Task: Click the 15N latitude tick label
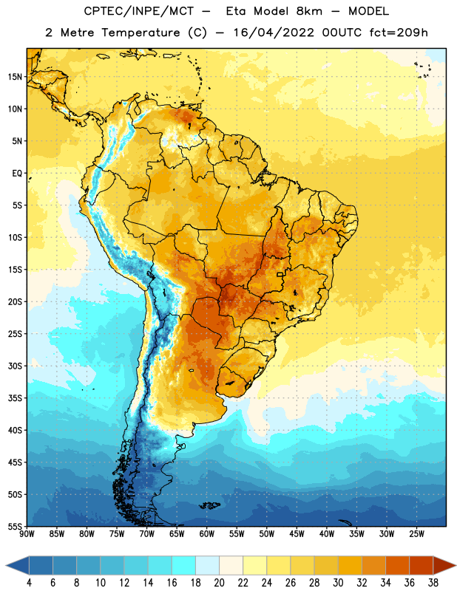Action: pyautogui.click(x=15, y=77)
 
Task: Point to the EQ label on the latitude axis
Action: pyautogui.click(x=17, y=174)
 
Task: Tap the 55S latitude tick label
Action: pyautogui.click(x=15, y=526)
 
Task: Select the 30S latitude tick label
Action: pyautogui.click(x=15, y=366)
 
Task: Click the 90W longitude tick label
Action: pyautogui.click(x=27, y=534)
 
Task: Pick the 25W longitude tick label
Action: pyautogui.click(x=416, y=534)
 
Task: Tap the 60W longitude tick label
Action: pyautogui.click(x=207, y=534)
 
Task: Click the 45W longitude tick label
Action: pyautogui.click(x=297, y=534)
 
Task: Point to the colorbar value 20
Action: pyautogui.click(x=219, y=583)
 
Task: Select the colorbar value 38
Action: pyautogui.click(x=433, y=583)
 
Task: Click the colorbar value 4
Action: pyautogui.click(x=29, y=583)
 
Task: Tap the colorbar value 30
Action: pyautogui.click(x=338, y=583)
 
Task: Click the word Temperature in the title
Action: pyautogui.click(x=141, y=33)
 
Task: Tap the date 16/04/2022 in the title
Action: pyautogui.click(x=274, y=33)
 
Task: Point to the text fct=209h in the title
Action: pyautogui.click(x=399, y=33)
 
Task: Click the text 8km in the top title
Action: pyautogui.click(x=309, y=11)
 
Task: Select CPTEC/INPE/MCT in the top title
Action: pyautogui.click(x=138, y=11)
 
